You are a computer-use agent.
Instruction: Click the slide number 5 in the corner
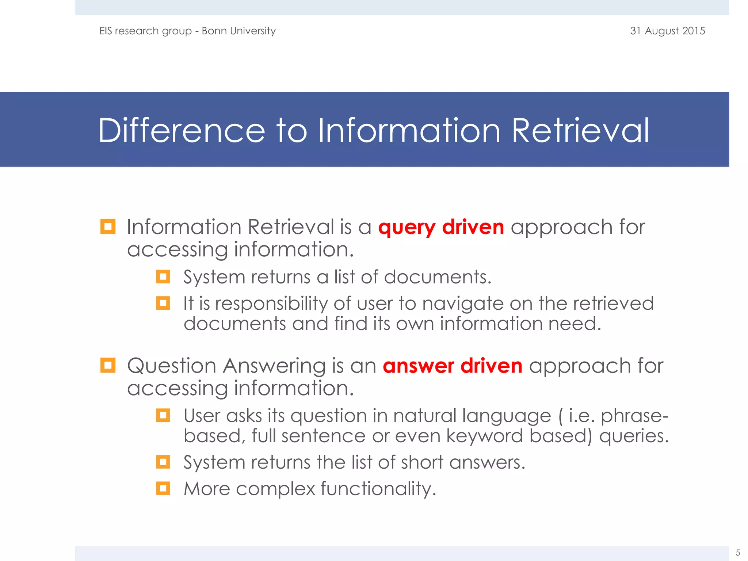[x=737, y=552]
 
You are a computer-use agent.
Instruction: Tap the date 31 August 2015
[x=667, y=31]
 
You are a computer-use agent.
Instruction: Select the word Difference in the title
[x=182, y=131]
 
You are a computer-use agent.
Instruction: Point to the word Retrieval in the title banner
[x=580, y=131]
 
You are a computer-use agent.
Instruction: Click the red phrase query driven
[x=441, y=227]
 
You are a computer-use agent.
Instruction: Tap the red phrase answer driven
[x=453, y=366]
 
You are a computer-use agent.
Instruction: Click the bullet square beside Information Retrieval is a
[x=108, y=226]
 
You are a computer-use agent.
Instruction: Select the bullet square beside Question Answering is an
[x=108, y=365]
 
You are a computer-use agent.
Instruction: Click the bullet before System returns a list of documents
[x=163, y=276]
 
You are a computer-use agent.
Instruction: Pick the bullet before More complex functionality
[x=163, y=488]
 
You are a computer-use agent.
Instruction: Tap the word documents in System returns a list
[x=437, y=277]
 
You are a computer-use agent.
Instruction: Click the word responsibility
[x=271, y=304]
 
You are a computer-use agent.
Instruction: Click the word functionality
[x=378, y=489]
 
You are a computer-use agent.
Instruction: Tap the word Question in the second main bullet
[x=172, y=366]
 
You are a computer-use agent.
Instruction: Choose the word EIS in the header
[x=106, y=31]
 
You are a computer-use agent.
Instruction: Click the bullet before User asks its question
[x=163, y=415]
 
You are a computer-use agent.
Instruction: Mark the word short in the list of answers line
[x=422, y=463]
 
